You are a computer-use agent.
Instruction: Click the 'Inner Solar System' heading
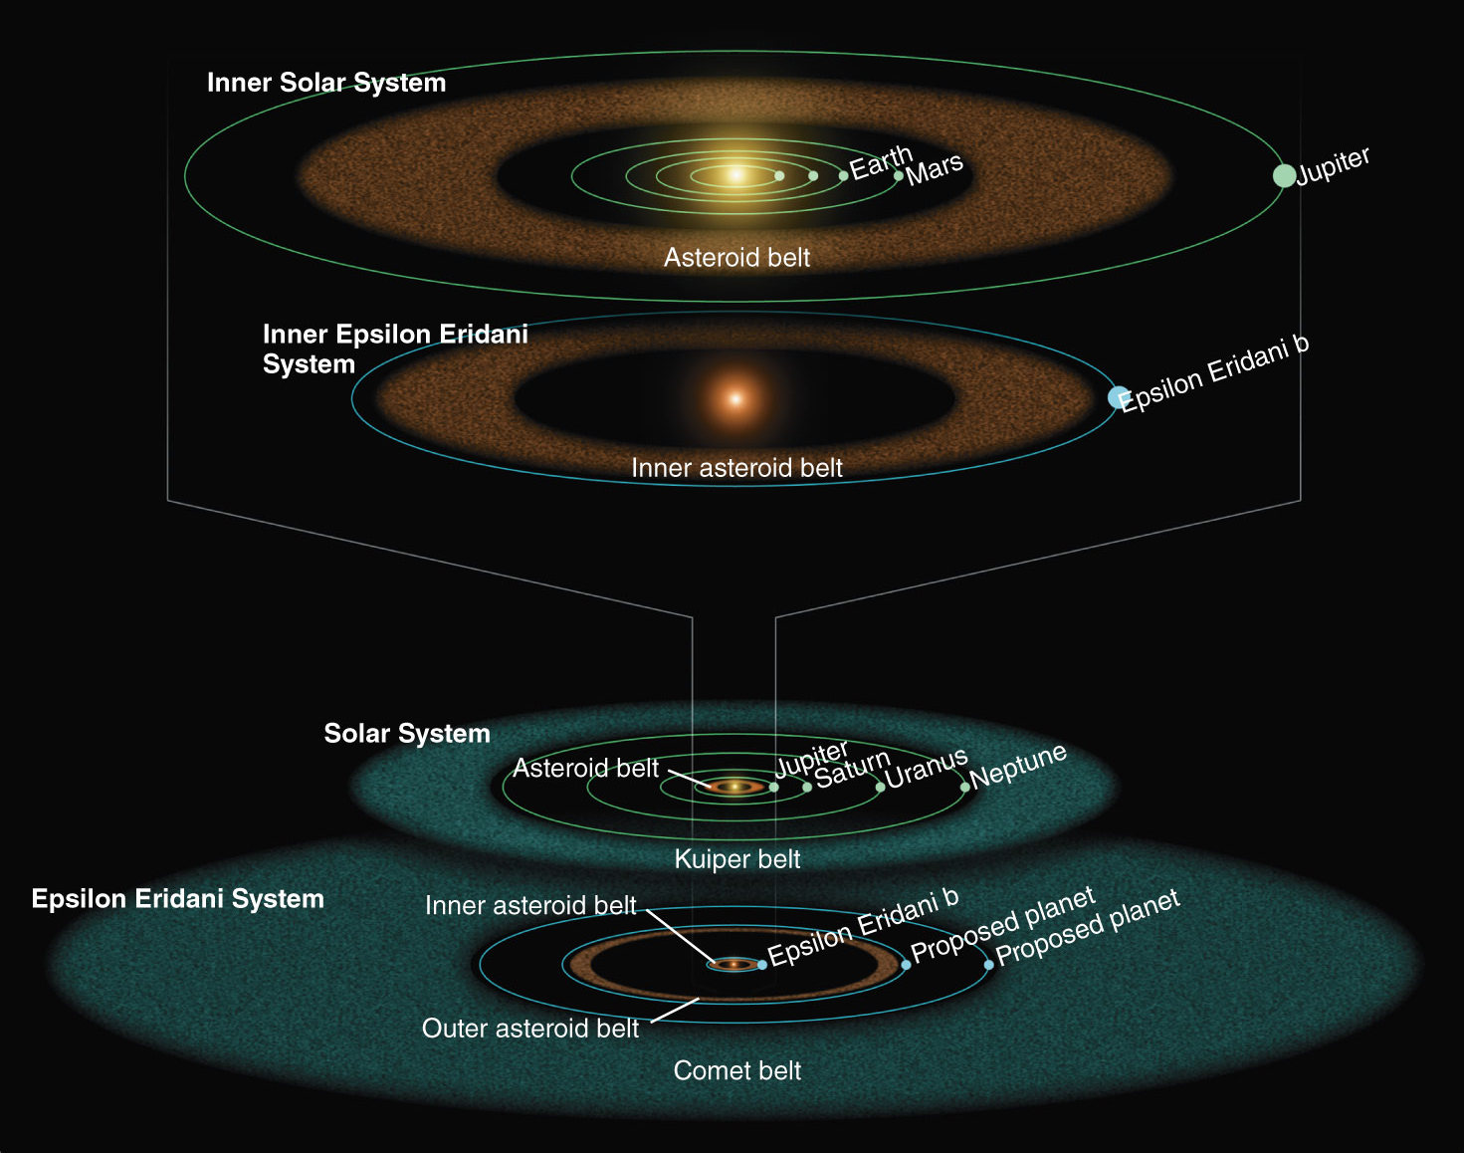325,83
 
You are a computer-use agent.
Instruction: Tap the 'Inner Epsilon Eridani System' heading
394,348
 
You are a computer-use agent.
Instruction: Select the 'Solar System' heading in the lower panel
406,734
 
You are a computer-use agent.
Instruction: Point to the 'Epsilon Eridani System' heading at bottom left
177,899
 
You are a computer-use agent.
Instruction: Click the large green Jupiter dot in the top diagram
1284,175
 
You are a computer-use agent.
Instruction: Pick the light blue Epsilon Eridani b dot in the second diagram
1119,397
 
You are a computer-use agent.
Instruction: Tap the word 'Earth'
880,162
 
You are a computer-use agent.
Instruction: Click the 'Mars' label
935,169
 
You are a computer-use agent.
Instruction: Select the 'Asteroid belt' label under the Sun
736,258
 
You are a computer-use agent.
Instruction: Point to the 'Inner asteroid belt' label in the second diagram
736,468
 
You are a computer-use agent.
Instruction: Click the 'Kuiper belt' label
736,859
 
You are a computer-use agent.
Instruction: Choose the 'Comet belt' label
736,1070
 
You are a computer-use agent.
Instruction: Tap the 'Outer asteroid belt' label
529,1029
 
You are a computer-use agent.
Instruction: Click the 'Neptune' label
1018,766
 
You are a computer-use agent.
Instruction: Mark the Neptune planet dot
964,788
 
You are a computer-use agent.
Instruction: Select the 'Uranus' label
926,769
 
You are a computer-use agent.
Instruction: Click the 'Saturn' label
852,769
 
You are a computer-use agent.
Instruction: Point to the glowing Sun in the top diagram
736,175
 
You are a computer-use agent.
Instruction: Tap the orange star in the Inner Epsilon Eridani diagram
735,399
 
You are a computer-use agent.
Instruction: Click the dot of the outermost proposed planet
988,965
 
